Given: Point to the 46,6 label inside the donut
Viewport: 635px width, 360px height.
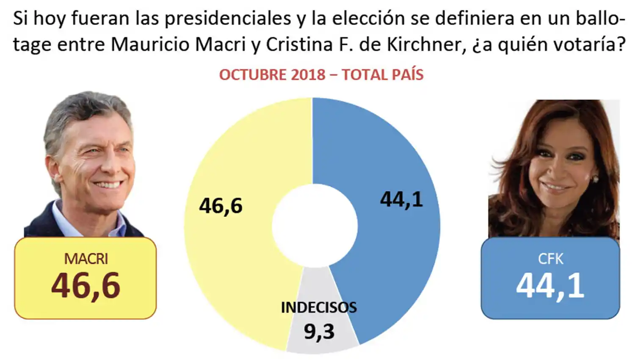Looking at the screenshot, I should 221,206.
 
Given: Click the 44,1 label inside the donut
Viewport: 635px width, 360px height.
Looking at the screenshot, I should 401,199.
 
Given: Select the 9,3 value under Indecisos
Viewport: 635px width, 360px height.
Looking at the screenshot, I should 319,332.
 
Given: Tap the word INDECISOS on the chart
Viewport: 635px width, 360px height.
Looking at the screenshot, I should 319,307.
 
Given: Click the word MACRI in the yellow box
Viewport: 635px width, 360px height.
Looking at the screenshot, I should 86,259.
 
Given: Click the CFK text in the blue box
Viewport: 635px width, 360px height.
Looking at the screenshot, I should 550,259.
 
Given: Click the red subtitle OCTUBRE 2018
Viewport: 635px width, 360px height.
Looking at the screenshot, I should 272,75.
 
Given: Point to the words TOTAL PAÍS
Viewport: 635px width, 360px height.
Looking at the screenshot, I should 383,75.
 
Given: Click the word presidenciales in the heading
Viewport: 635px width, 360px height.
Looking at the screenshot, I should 228,19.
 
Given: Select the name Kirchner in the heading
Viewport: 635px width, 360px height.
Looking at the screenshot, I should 424,44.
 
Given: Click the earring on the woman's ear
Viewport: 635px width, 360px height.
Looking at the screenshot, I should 596,179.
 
